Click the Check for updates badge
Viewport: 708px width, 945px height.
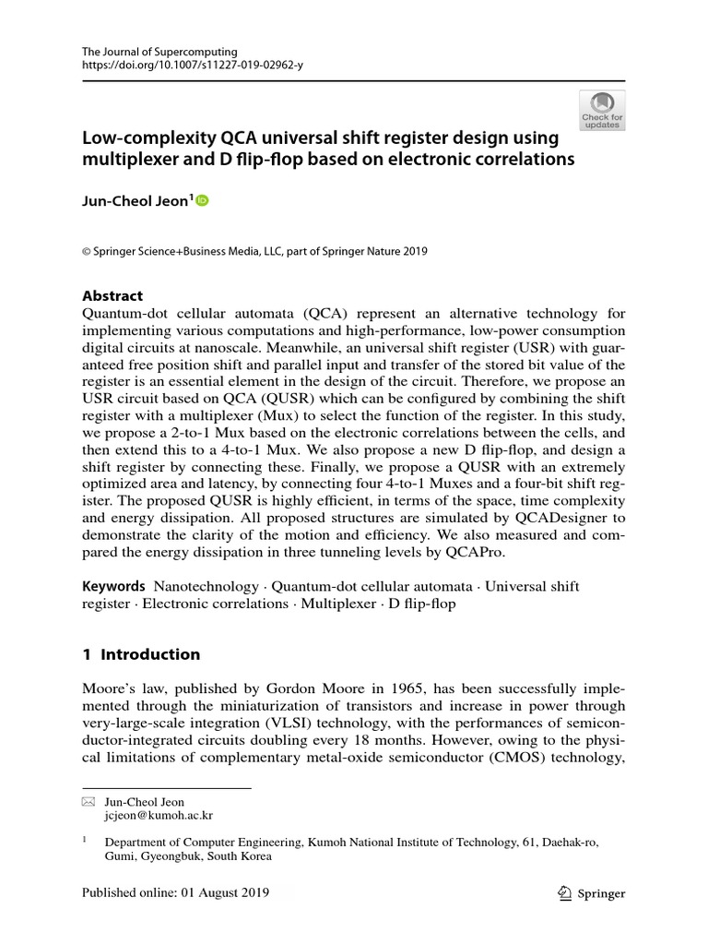(x=602, y=110)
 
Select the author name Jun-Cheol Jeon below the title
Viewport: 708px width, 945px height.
(x=136, y=200)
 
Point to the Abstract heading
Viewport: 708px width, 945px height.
(x=112, y=295)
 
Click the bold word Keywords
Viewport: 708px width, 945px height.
(x=113, y=586)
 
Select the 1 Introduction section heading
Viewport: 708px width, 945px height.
(x=141, y=654)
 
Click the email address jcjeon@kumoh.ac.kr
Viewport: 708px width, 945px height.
(x=159, y=817)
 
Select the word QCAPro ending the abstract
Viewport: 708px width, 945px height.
(x=508, y=552)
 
